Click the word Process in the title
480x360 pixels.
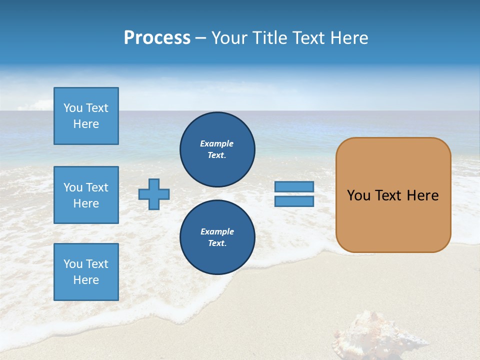(x=157, y=38)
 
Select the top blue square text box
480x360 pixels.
(x=86, y=116)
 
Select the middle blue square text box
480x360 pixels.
(x=86, y=195)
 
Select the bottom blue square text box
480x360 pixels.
(x=86, y=272)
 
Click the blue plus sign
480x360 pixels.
(x=154, y=194)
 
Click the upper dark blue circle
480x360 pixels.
(x=217, y=149)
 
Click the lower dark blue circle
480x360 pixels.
(x=217, y=237)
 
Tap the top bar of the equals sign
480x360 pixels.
(x=294, y=187)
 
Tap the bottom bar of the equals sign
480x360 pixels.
(x=294, y=201)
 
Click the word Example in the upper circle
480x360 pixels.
(x=216, y=143)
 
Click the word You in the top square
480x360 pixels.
(x=73, y=108)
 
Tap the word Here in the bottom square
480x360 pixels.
(x=86, y=280)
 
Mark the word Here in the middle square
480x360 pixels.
(x=86, y=203)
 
